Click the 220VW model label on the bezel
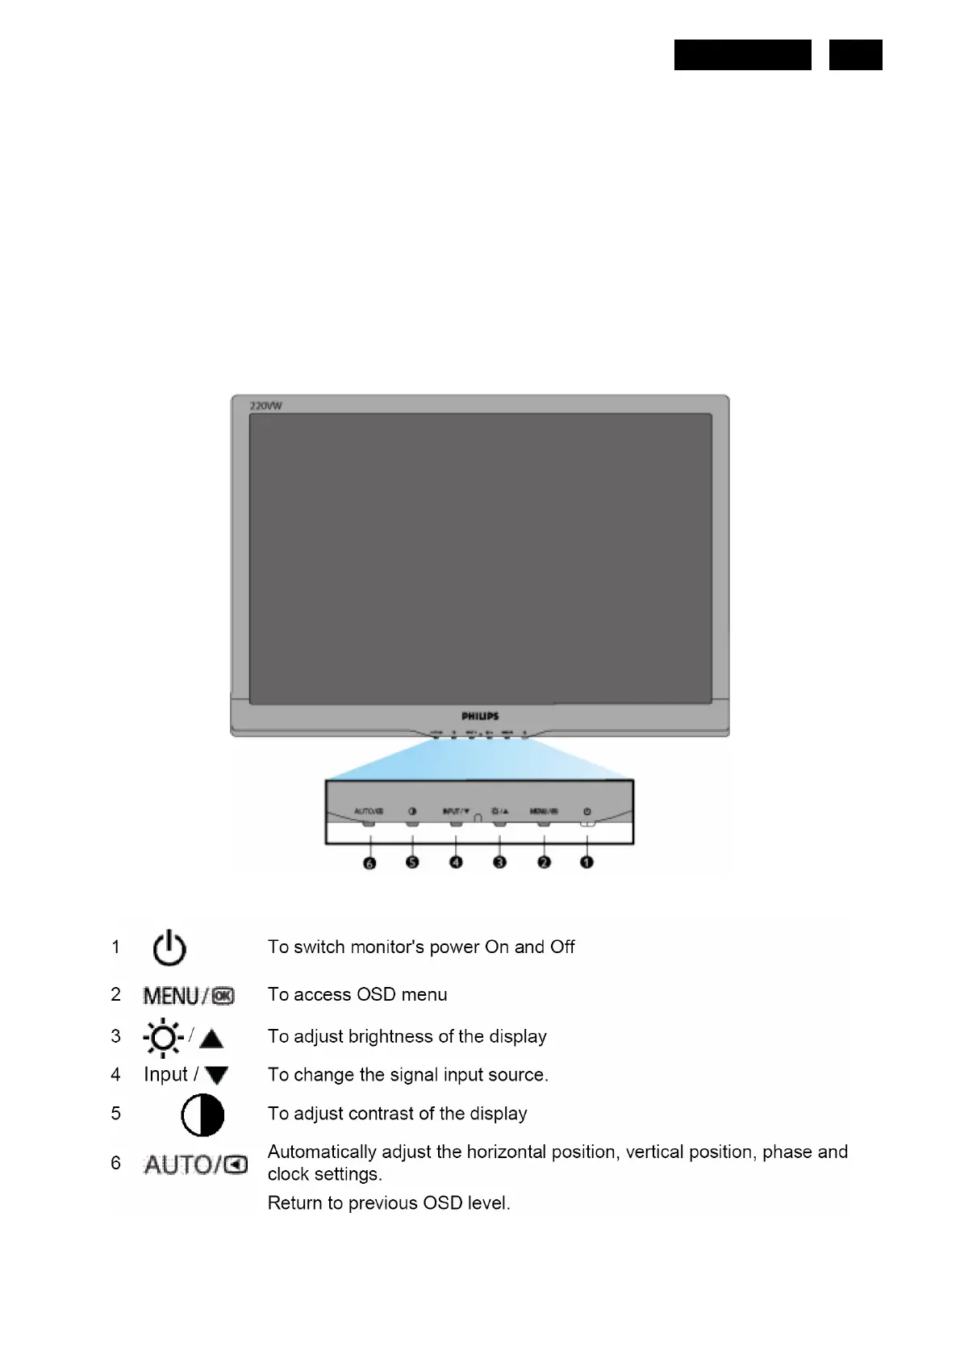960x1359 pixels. [265, 406]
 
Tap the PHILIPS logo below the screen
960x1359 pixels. [480, 716]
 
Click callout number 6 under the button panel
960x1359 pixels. [369, 863]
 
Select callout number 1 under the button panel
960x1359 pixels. [586, 863]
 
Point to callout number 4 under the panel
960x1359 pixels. [456, 863]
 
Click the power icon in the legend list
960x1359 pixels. [169, 948]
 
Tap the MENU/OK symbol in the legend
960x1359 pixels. [189, 996]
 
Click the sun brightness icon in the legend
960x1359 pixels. [163, 1038]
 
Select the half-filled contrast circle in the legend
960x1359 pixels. [202, 1115]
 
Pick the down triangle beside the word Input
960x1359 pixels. [216, 1076]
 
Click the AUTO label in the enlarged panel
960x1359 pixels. [368, 811]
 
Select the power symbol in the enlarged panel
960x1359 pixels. [586, 811]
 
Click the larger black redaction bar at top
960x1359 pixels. [742, 55]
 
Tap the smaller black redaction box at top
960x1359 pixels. [855, 55]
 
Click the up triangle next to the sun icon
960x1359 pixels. [211, 1039]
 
